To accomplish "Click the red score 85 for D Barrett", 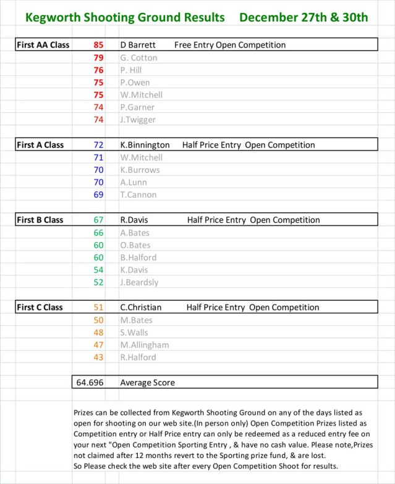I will coord(99,45).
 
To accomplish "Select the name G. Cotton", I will coord(138,57).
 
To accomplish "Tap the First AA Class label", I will coord(43,45).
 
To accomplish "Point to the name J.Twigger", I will coord(138,120).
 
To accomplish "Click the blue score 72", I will coord(99,145).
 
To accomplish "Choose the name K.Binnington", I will coord(145,145).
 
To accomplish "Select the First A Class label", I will coord(40,145).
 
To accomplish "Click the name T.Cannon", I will coord(138,194).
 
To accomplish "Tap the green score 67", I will coord(99,220).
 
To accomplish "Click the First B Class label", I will coord(40,220).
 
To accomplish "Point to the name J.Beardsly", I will coord(139,282).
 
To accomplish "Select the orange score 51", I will coord(99,307).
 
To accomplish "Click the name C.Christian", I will coord(140,307).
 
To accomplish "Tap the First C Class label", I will coord(40,307).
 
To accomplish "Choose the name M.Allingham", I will coord(145,344).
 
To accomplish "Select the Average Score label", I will coord(148,382).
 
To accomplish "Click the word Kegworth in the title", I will coord(53,17).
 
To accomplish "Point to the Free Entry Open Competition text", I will coord(230,45).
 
